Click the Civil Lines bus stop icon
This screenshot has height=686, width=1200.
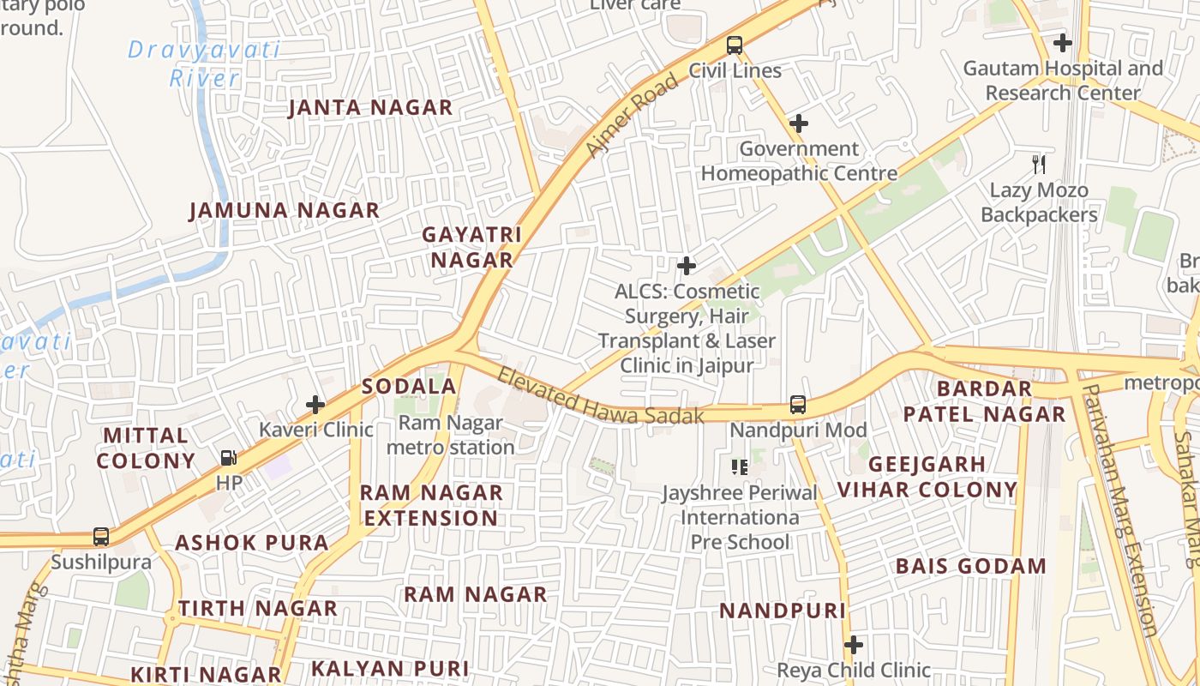tap(735, 45)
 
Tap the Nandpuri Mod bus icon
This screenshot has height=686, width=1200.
tap(798, 404)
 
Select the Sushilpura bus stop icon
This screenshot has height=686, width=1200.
tap(101, 537)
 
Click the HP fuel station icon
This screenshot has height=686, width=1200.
tap(229, 459)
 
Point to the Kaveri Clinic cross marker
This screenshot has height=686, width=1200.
tap(315, 404)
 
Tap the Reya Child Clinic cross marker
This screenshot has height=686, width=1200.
tap(853, 644)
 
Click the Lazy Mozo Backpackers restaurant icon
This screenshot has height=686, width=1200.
tap(1039, 164)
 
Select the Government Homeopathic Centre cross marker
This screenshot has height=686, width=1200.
tap(799, 123)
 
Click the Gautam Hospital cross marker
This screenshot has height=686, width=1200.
tap(1063, 42)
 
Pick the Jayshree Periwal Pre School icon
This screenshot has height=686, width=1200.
tap(739, 467)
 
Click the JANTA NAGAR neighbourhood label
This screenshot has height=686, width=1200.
tap(370, 108)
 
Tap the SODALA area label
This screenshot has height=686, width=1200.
tap(409, 387)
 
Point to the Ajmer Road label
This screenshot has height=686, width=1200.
tap(632, 116)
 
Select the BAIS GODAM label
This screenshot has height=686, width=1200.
tap(971, 567)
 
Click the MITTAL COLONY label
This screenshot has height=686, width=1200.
tap(146, 448)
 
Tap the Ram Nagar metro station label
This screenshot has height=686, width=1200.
tap(451, 435)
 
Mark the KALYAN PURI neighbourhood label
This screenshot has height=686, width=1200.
tap(390, 669)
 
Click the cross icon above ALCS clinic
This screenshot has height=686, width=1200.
tap(687, 266)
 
